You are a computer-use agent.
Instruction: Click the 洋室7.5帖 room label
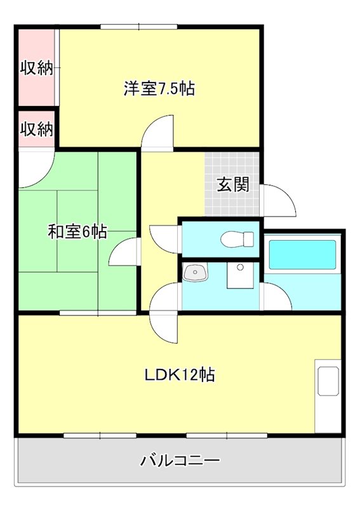point(159,88)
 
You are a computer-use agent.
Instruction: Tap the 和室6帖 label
point(77,232)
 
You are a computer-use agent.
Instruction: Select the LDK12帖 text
point(179,375)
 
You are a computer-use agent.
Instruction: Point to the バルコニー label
point(180,460)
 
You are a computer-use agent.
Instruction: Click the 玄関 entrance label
point(233,185)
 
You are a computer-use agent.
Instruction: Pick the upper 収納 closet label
point(37,68)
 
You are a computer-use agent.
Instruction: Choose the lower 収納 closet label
point(37,129)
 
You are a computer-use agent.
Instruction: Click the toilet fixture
point(237,239)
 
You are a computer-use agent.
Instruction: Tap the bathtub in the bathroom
point(302,255)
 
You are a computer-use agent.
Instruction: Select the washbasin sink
point(196,272)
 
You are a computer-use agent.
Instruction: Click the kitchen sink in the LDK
point(328,381)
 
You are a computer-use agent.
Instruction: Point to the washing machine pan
point(240,275)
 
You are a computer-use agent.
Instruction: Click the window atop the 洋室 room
point(138,27)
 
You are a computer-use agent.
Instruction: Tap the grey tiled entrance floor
point(232,184)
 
